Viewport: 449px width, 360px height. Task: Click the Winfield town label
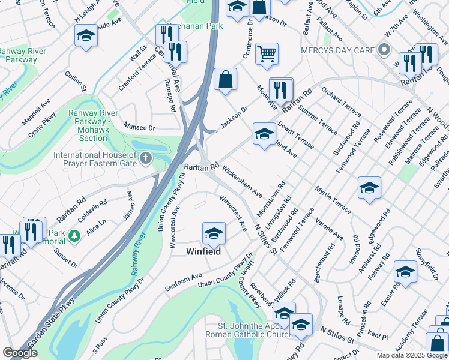[x=204, y=251]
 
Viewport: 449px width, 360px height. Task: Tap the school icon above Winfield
[x=214, y=233]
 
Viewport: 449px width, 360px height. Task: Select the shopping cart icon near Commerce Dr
[x=267, y=53]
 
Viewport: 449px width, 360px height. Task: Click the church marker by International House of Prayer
[x=145, y=159]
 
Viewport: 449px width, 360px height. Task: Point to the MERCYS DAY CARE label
[x=338, y=50]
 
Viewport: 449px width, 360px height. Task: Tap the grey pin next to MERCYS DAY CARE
[x=385, y=50]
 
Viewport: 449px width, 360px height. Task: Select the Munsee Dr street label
[x=139, y=128]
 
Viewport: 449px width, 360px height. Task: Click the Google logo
[x=20, y=353]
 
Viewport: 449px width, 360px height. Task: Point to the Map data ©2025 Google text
[x=411, y=355]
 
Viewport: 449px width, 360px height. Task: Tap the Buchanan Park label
[x=195, y=26]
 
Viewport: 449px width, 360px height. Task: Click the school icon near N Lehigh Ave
[x=86, y=35]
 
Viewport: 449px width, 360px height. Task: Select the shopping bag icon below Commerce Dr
[x=225, y=79]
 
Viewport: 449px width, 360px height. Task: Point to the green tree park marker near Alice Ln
[x=74, y=236]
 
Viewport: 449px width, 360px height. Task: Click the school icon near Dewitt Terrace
[x=264, y=134]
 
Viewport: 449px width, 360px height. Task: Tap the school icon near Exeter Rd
[x=405, y=272]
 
